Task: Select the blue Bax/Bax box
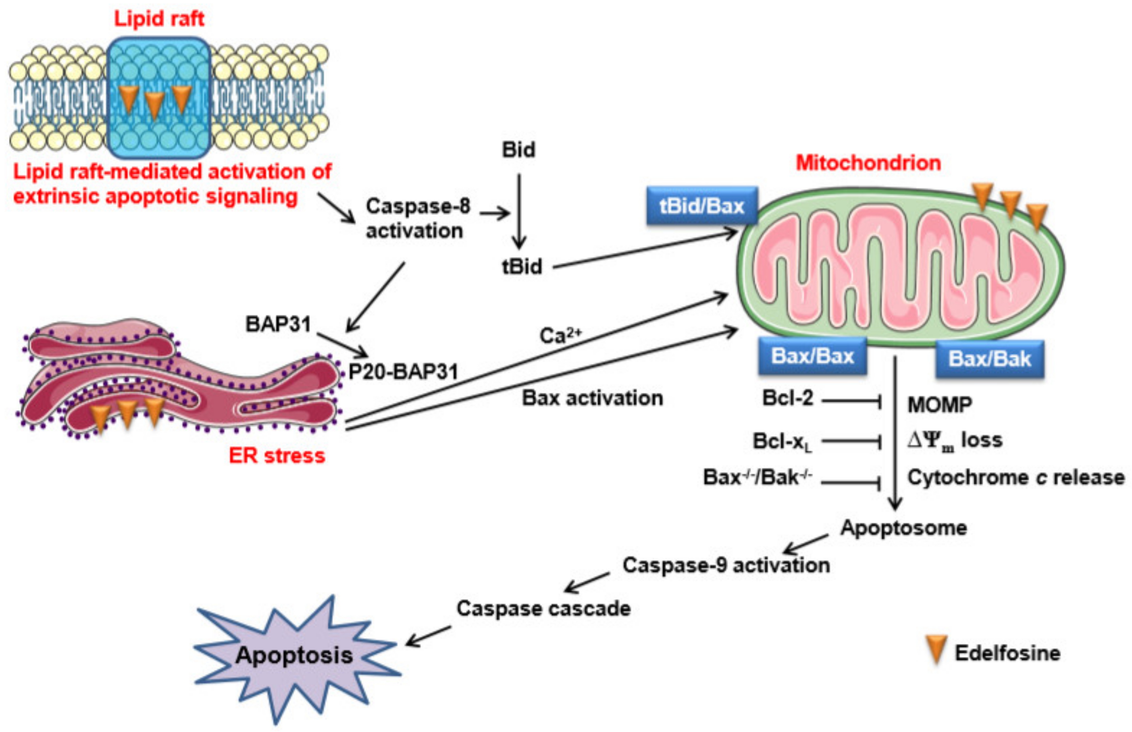(x=812, y=356)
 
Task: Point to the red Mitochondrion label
(x=868, y=163)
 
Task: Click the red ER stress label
(x=277, y=455)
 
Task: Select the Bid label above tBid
(x=518, y=150)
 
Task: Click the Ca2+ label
(x=560, y=335)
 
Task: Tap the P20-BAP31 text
(x=403, y=372)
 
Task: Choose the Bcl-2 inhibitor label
(x=787, y=398)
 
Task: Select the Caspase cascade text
(x=543, y=608)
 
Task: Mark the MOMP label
(x=939, y=405)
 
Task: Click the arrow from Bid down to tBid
(x=519, y=212)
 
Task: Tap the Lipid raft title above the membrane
(x=159, y=19)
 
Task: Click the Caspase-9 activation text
(x=726, y=565)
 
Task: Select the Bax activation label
(x=592, y=398)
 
